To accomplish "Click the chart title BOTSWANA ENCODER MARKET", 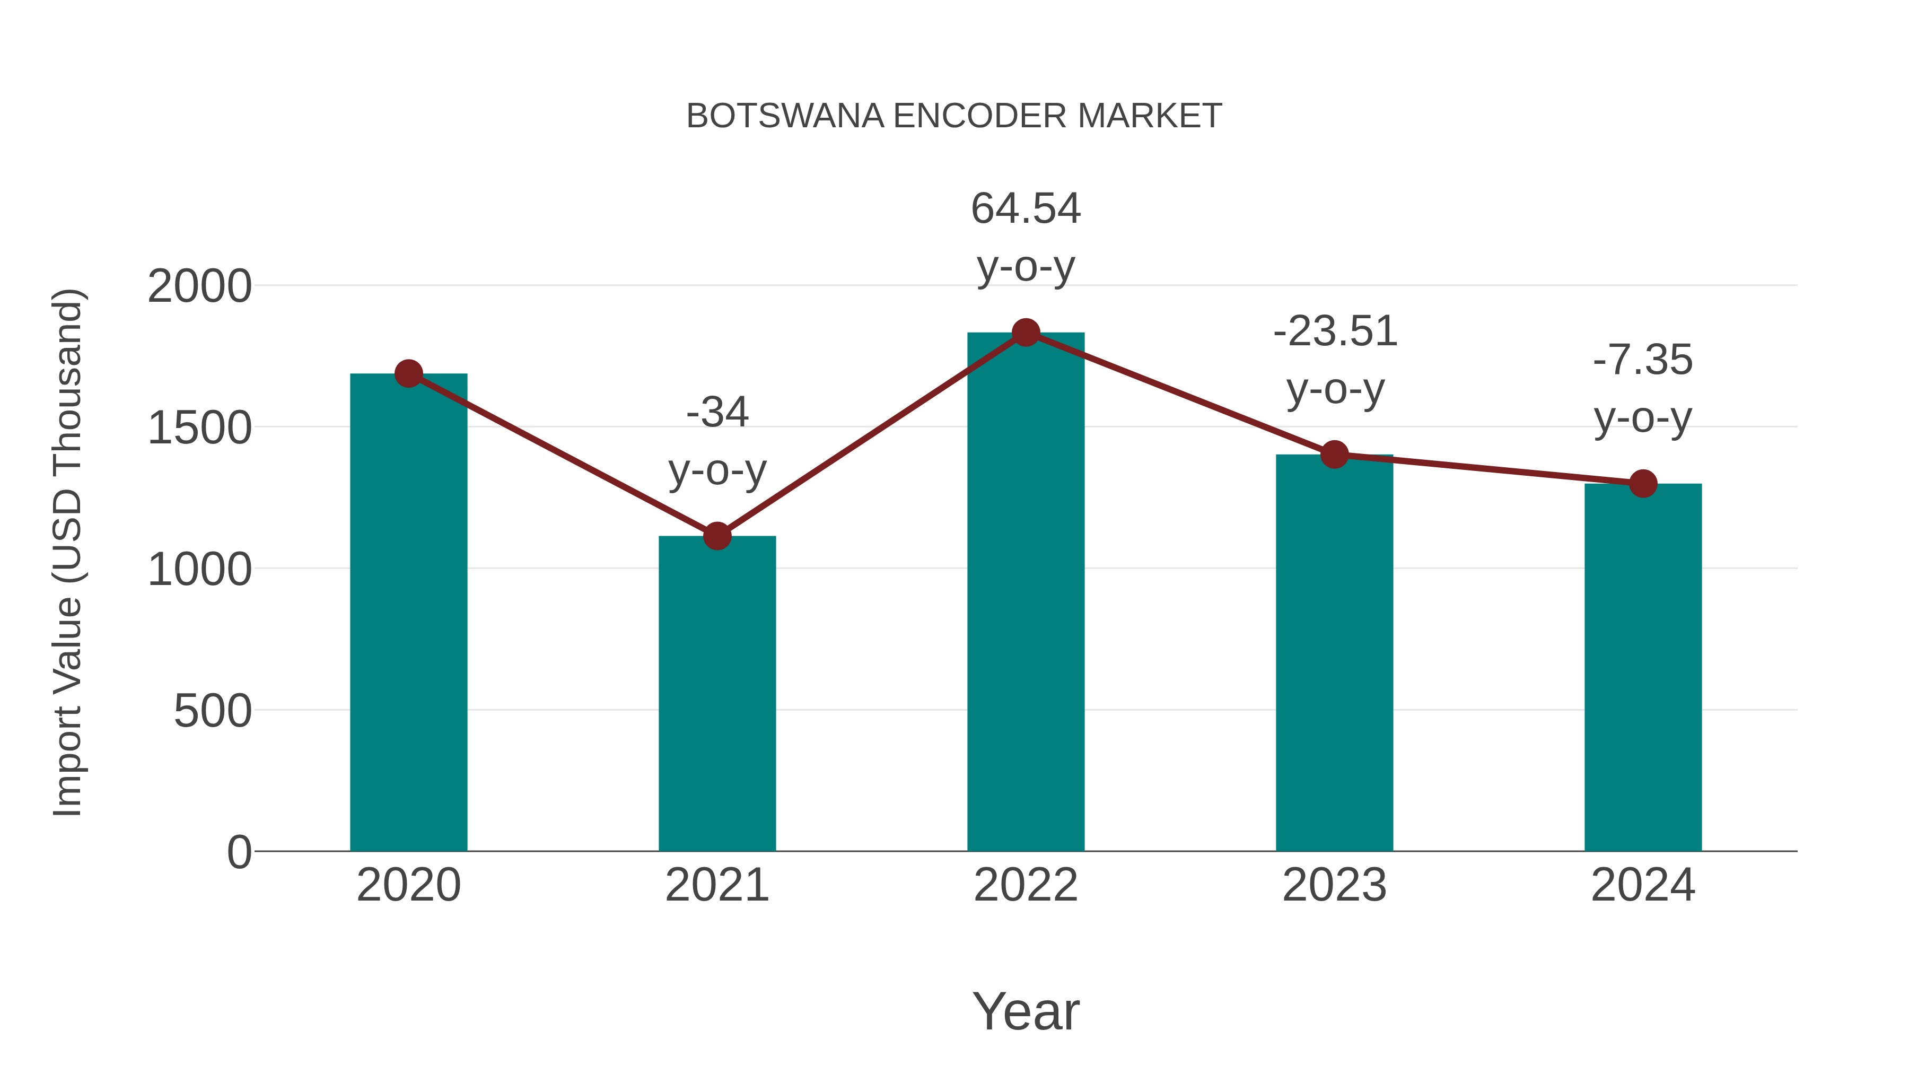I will coord(954,116).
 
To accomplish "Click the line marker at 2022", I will coord(1026,333).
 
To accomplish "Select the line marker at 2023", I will coord(1334,455).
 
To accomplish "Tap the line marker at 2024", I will coord(1643,483).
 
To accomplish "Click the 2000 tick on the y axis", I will coord(199,287).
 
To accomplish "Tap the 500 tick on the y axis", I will coord(213,712).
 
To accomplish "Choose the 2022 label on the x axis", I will coord(1026,886).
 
